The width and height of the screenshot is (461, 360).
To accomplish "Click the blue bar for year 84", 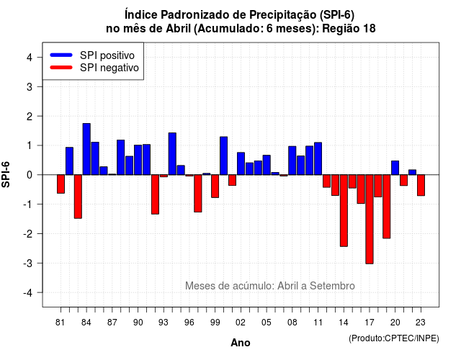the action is click(x=86, y=149).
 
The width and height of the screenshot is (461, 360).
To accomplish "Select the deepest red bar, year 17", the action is click(x=370, y=219).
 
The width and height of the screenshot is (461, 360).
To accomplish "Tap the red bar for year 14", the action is click(x=344, y=210).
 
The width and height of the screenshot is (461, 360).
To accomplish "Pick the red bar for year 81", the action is click(x=61, y=184).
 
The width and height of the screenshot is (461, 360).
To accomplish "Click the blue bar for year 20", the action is click(x=395, y=168).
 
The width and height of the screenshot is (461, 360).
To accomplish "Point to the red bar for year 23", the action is click(x=421, y=185).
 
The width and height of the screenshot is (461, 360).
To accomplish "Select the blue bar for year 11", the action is click(x=318, y=158).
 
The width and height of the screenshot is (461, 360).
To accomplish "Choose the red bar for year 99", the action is click(x=215, y=186).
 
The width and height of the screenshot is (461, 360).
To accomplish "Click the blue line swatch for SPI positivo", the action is click(x=61, y=55).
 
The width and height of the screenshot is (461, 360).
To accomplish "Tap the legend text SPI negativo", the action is click(x=109, y=68).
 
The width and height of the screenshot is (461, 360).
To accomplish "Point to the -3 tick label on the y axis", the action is click(x=28, y=263).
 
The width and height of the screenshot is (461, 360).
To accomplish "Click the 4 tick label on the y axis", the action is click(x=30, y=58).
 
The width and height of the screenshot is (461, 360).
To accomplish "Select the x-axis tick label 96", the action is click(x=189, y=323).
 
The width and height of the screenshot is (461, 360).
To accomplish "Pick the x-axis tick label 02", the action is click(x=241, y=323).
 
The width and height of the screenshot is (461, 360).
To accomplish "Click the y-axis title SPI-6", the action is click(x=6, y=174).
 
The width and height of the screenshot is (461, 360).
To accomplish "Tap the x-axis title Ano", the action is click(x=241, y=343).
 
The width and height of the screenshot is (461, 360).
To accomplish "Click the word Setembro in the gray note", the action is click(x=332, y=286).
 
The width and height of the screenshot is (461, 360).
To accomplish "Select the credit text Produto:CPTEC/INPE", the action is click(x=394, y=338).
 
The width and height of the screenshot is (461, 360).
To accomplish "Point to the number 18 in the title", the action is click(x=370, y=29).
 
